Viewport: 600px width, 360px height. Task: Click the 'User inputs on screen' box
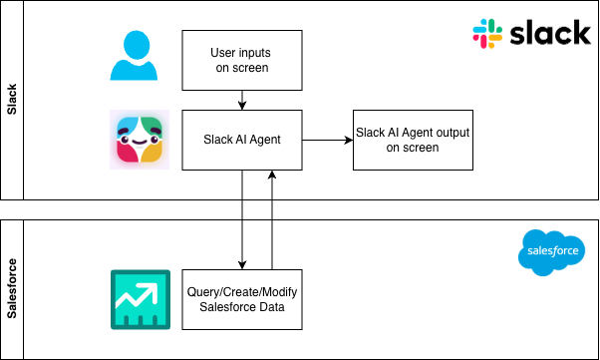tap(242, 61)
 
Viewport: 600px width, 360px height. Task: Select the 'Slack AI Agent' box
tap(242, 141)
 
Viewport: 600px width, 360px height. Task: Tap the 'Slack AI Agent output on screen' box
tap(413, 141)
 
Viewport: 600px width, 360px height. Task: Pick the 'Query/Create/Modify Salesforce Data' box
tap(242, 299)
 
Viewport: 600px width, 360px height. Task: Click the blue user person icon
tap(134, 56)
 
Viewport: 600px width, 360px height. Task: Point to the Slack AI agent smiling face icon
tap(140, 140)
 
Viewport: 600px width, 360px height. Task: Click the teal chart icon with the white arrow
tap(141, 299)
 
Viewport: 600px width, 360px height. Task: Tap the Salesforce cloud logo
tap(552, 252)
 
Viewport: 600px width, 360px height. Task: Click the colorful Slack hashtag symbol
tap(487, 34)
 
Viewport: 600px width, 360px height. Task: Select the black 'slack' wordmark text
tap(550, 33)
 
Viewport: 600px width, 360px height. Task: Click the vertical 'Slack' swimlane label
tap(12, 100)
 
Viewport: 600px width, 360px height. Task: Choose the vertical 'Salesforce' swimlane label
tap(12, 289)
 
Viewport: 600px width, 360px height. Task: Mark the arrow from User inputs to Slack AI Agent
tap(242, 101)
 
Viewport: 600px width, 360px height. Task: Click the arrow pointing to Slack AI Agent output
tap(328, 141)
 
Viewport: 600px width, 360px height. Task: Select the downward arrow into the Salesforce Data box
tap(242, 219)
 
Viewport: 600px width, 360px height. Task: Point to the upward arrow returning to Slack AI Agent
tap(272, 219)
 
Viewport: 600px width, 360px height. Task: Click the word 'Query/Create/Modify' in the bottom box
tap(242, 292)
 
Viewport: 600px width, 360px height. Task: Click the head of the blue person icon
tap(137, 45)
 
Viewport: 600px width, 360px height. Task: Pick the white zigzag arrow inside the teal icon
tap(137, 295)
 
